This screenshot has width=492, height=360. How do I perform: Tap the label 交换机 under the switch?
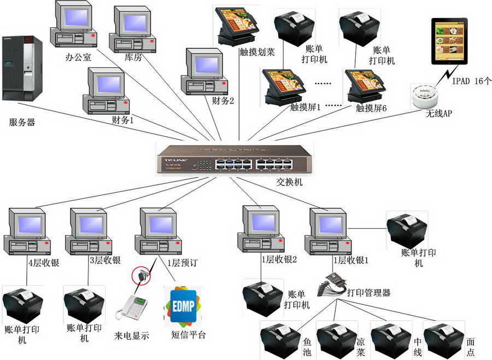coord(289,183)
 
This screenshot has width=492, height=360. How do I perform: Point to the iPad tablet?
coord(450,41)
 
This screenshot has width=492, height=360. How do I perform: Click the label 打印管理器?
coord(371,293)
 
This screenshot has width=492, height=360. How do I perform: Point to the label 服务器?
coord(22,123)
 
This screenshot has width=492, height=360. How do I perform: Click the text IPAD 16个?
coord(472,81)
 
